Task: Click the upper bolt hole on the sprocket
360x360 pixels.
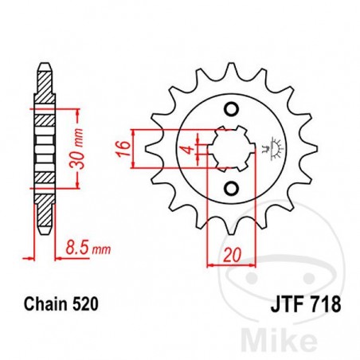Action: [232, 108]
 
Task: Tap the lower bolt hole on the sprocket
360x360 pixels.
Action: [232, 188]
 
